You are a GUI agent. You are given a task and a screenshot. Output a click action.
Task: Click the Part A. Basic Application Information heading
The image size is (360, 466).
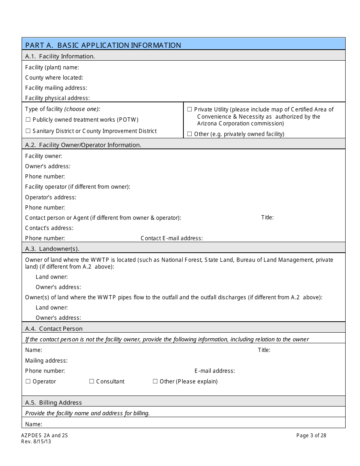point(103,45)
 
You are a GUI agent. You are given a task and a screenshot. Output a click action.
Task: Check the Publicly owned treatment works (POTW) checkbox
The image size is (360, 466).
point(28,120)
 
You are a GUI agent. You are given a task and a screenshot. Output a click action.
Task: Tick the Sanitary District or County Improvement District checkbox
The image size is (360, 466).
point(28,131)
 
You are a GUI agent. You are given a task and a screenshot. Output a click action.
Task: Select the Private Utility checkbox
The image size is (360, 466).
point(189,109)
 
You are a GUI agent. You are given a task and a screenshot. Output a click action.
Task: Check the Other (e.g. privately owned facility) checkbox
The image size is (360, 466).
point(189,134)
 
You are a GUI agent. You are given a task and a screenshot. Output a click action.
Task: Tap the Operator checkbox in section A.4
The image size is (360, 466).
point(28,382)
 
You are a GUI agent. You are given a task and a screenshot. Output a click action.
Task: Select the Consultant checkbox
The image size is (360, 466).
point(92,382)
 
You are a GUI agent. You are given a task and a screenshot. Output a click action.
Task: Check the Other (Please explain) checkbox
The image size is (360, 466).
point(155,382)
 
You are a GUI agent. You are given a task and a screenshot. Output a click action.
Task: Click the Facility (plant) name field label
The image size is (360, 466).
point(52,67)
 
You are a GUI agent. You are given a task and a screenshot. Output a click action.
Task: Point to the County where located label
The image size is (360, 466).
point(54,78)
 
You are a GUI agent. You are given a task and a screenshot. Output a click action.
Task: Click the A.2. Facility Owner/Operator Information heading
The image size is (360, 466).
point(83,145)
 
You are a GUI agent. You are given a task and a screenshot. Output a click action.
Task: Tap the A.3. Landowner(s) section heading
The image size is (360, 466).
point(52,249)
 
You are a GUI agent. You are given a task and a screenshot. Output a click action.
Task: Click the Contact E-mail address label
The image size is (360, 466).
point(172,238)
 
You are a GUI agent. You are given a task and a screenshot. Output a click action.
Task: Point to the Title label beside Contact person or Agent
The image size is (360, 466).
point(267,217)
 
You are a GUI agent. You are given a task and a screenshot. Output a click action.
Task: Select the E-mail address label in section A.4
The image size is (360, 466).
point(214,371)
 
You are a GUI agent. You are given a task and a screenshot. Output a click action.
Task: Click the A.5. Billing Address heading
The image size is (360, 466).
point(53,402)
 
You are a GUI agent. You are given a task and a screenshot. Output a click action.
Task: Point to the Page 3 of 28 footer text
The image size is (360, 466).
point(311,435)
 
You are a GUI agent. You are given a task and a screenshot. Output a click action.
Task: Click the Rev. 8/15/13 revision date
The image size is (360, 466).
point(36,441)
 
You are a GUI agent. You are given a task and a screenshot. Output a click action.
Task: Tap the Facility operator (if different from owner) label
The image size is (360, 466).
point(78,187)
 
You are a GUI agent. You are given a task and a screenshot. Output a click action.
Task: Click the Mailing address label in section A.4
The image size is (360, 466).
point(46,361)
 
